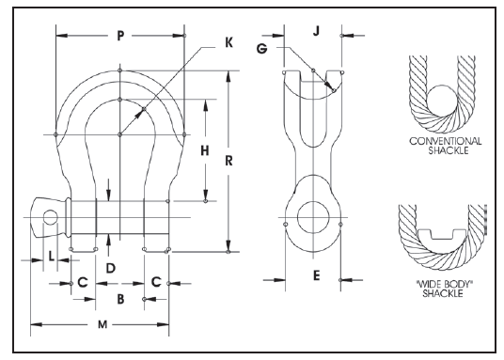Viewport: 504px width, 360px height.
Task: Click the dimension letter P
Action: [x=120, y=36]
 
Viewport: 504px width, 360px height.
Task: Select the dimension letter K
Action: [x=228, y=42]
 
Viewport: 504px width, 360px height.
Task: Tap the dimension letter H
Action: [x=205, y=150]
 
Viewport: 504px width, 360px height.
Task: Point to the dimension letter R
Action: [x=228, y=161]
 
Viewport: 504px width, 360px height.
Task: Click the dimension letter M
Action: [x=102, y=324]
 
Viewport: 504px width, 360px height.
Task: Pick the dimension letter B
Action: [x=120, y=299]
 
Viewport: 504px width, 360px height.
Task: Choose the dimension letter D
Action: [x=111, y=269]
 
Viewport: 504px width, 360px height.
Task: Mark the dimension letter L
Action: [x=51, y=257]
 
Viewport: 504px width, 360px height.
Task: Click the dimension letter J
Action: [x=317, y=31]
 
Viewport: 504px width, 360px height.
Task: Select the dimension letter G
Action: [x=261, y=49]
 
